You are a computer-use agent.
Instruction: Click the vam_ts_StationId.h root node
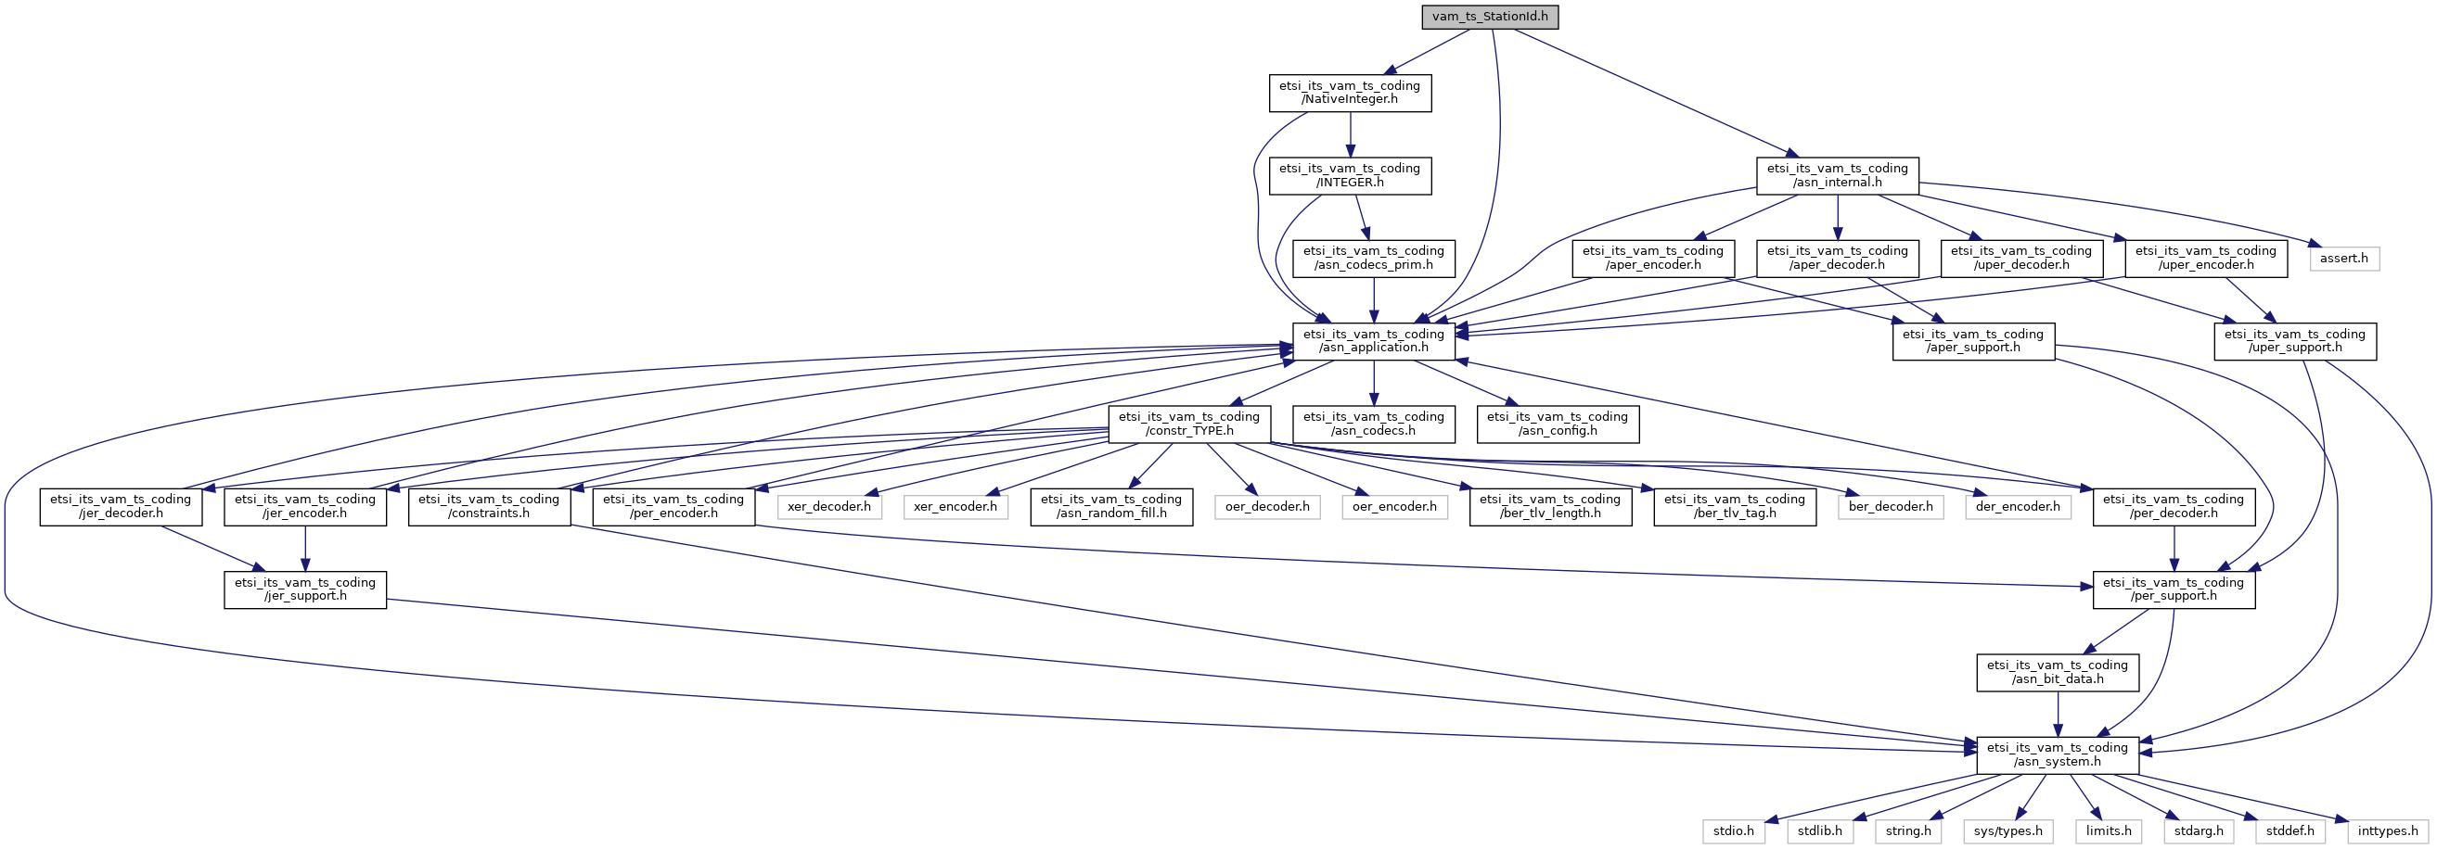[1489, 16]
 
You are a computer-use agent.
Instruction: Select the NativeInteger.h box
[1349, 93]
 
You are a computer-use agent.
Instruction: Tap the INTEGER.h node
[1349, 175]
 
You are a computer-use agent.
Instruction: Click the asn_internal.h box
[1837, 175]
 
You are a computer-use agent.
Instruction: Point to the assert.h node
[2344, 258]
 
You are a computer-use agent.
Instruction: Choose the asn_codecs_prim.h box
[1374, 258]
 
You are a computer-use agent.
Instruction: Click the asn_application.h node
[1374, 340]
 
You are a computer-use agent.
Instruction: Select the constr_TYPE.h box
[1189, 424]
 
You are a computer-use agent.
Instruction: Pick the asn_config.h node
[1558, 424]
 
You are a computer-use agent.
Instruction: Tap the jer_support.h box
[304, 589]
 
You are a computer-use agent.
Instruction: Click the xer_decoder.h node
[828, 507]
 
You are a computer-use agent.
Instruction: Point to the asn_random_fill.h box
[1111, 507]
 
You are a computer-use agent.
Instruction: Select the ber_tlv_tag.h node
[1734, 507]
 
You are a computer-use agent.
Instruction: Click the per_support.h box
[2173, 589]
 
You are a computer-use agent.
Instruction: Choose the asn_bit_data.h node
[2058, 672]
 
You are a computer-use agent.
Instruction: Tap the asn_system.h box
[2058, 754]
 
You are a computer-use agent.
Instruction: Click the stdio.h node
[1733, 831]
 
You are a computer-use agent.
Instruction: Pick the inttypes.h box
[2388, 831]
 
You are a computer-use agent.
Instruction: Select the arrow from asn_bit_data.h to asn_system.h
[2058, 714]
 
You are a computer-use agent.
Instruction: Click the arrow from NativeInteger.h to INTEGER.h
[1350, 134]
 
